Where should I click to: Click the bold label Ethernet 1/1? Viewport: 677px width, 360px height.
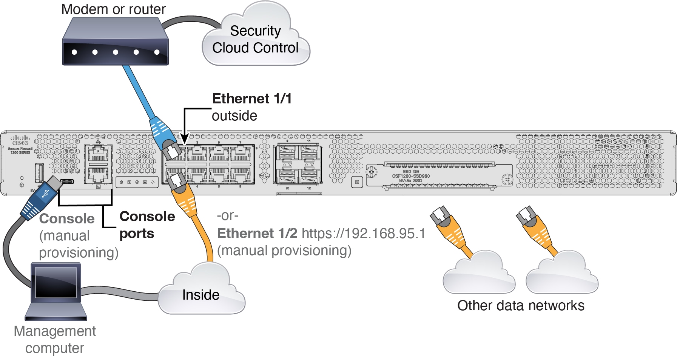click(x=252, y=98)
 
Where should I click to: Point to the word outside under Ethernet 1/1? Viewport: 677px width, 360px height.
click(x=234, y=116)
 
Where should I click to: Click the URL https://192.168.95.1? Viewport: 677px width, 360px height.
click(x=363, y=234)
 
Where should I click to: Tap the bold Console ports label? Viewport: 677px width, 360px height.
click(x=147, y=225)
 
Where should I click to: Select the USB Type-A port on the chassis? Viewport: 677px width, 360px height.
click(x=39, y=172)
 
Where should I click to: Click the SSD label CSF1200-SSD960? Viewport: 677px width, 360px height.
click(x=411, y=176)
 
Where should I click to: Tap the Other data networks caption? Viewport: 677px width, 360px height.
click(x=520, y=306)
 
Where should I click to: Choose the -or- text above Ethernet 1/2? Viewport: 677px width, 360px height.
click(x=227, y=216)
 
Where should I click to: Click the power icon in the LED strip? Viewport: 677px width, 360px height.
click(x=122, y=182)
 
